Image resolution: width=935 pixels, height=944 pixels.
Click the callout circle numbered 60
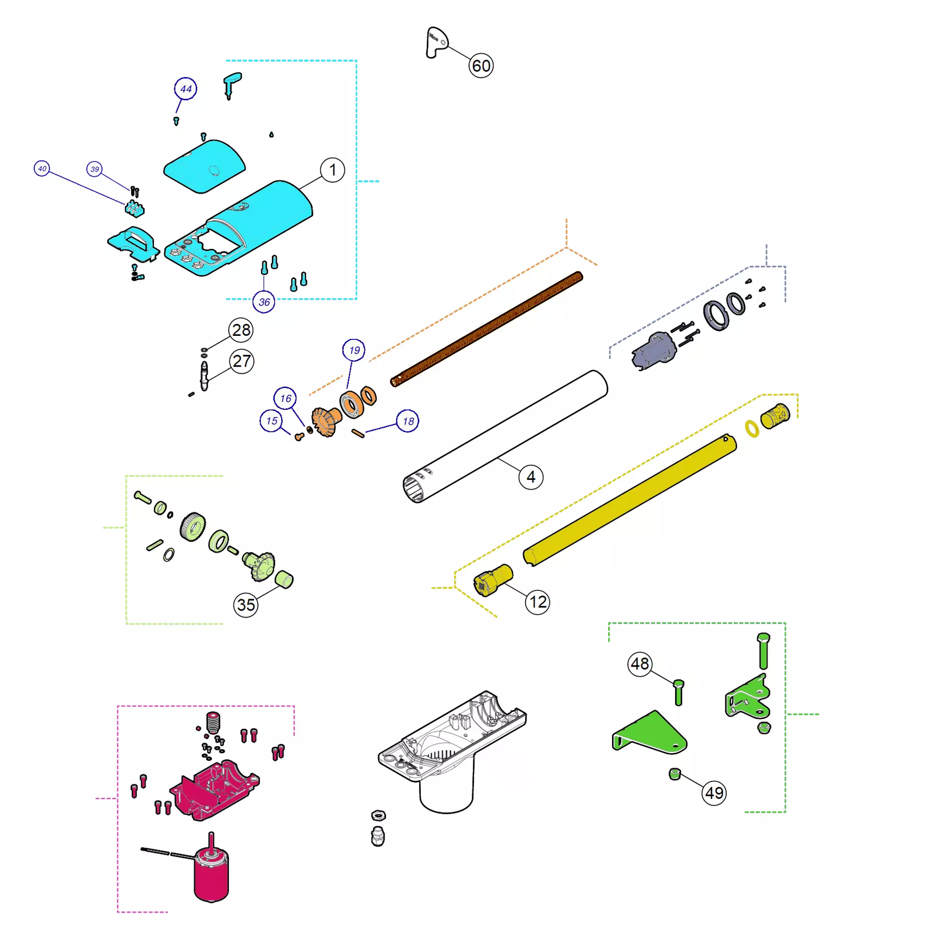tap(481, 65)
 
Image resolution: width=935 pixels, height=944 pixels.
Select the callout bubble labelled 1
tap(332, 170)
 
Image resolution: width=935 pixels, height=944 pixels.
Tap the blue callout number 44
tap(185, 89)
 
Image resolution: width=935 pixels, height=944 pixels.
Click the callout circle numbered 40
tap(42, 168)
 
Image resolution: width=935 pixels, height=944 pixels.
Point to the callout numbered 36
tap(264, 302)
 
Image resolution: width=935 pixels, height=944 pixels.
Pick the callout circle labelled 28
tap(241, 330)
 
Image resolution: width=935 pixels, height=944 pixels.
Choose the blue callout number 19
tap(354, 350)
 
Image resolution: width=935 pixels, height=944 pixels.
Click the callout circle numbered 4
tap(531, 477)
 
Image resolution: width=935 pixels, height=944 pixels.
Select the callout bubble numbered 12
tap(538, 602)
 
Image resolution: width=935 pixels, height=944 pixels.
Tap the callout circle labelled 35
tap(245, 605)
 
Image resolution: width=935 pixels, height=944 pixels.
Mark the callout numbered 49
tap(714, 793)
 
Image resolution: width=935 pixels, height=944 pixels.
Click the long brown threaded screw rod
tap(486, 329)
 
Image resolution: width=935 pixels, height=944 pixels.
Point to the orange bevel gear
tap(325, 421)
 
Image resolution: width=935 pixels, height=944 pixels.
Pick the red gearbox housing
tap(214, 789)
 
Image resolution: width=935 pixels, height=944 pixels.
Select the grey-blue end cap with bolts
tap(654, 351)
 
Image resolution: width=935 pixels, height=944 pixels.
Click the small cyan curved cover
tap(204, 166)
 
